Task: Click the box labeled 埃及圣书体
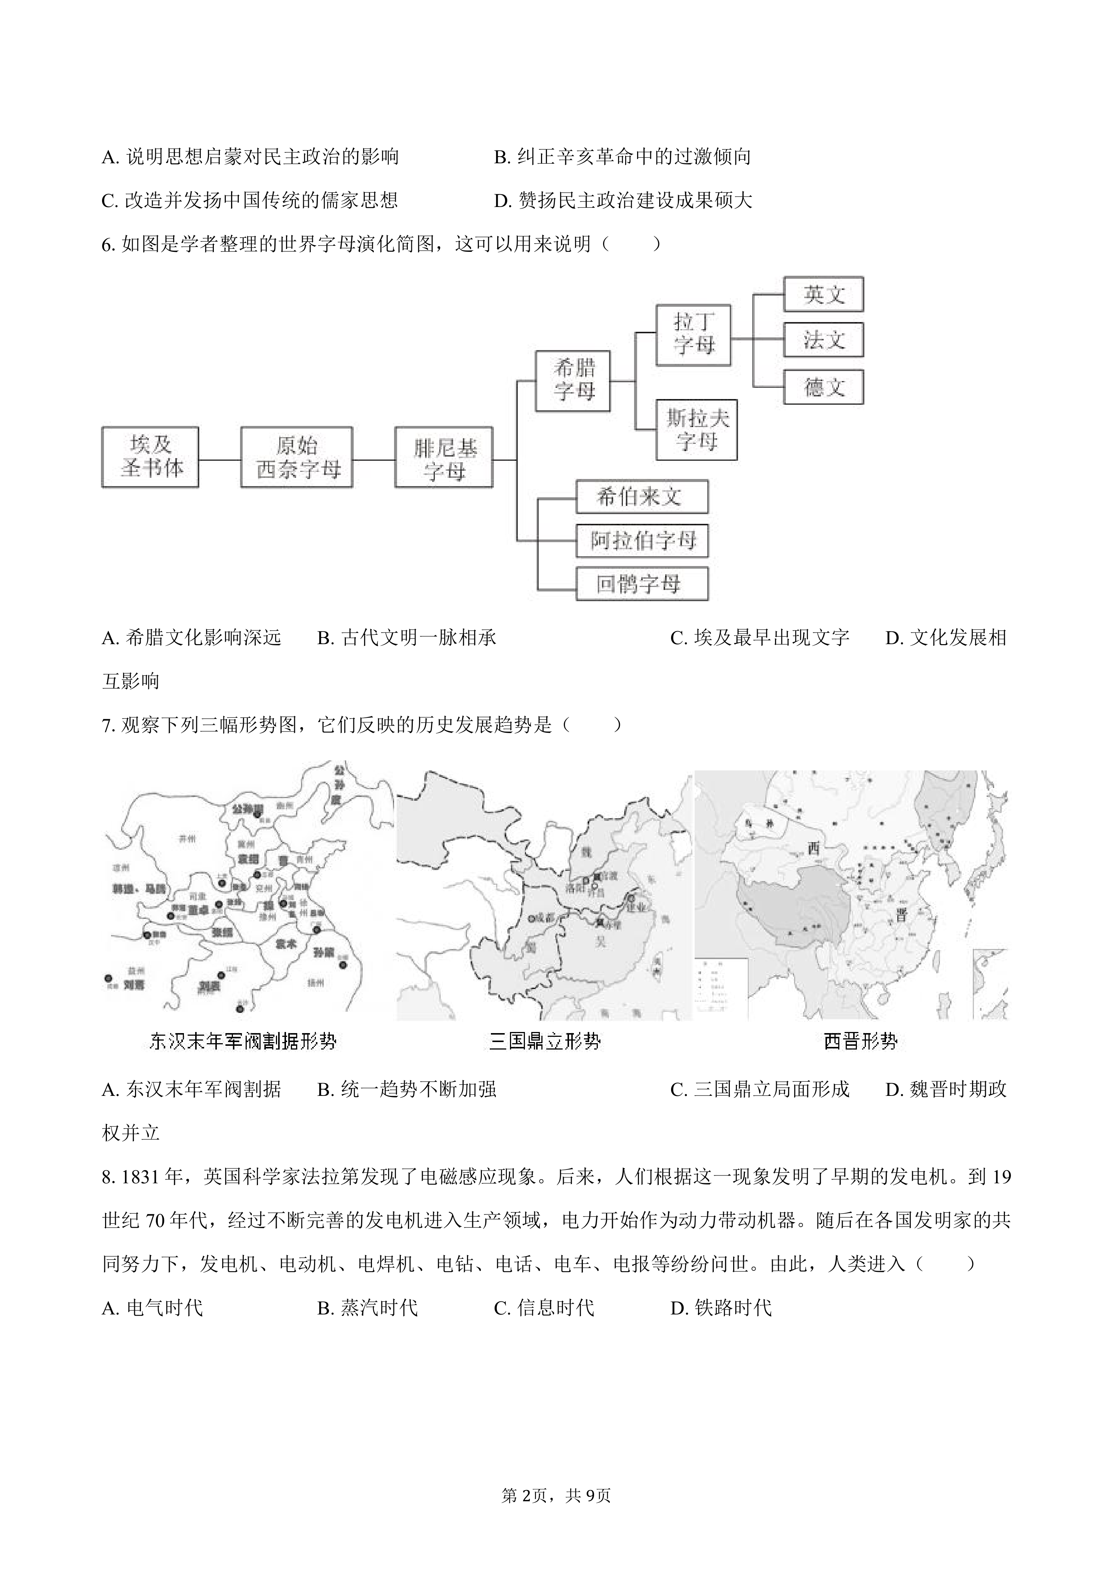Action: tap(150, 457)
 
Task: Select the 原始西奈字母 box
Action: tap(297, 457)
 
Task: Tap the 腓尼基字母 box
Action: tap(444, 457)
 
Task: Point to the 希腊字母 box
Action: tap(573, 381)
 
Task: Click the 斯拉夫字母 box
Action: tap(696, 430)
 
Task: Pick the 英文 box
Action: tap(823, 294)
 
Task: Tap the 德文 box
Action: tap(823, 387)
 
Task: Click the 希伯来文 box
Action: tap(642, 497)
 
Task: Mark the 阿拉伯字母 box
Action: tap(642, 541)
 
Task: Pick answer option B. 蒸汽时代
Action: tap(368, 1308)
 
